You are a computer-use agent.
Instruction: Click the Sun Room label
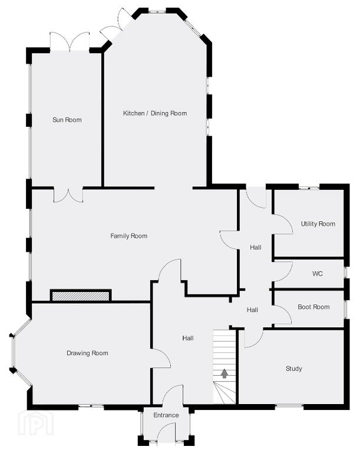(67, 120)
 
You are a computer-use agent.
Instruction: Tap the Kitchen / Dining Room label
(155, 113)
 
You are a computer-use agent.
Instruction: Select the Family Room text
(129, 236)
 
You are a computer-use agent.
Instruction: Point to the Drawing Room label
(87, 353)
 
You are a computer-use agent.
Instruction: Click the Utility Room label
(318, 224)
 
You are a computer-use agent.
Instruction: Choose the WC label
(318, 273)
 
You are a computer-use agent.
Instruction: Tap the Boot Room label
(313, 307)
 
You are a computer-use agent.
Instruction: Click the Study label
(294, 368)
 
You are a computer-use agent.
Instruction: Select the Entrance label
(166, 415)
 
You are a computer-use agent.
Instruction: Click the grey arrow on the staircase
(224, 373)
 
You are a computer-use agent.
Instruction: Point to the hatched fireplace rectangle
(81, 296)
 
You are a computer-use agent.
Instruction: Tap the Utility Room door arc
(288, 221)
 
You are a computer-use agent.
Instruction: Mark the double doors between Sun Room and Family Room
(68, 196)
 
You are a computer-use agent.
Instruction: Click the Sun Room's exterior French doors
(70, 41)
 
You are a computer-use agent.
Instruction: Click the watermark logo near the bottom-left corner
(36, 423)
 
